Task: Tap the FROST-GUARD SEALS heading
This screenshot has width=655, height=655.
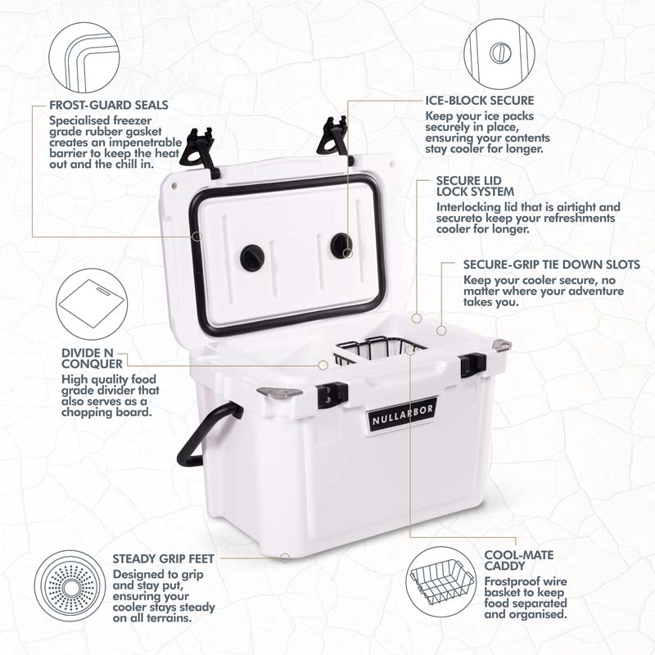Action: [109, 105]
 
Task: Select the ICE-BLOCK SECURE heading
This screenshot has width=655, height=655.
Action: [480, 100]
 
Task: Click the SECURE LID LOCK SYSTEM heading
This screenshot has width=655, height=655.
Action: [476, 187]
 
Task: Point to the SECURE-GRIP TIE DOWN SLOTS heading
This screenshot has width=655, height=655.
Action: [551, 264]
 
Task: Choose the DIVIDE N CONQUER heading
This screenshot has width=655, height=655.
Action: [92, 359]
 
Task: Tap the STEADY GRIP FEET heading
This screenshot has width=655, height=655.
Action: [163, 558]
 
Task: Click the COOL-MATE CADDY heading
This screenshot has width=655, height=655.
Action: [519, 561]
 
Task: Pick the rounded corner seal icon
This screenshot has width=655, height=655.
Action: [84, 58]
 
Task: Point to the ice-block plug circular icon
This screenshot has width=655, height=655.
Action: [499, 53]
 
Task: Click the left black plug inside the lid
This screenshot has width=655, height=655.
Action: [252, 257]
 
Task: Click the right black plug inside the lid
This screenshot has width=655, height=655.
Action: [341, 245]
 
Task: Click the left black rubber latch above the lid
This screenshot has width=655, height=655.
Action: [198, 150]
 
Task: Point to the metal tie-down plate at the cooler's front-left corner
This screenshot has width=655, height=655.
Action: [279, 392]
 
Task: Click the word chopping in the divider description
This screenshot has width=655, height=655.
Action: [86, 413]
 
